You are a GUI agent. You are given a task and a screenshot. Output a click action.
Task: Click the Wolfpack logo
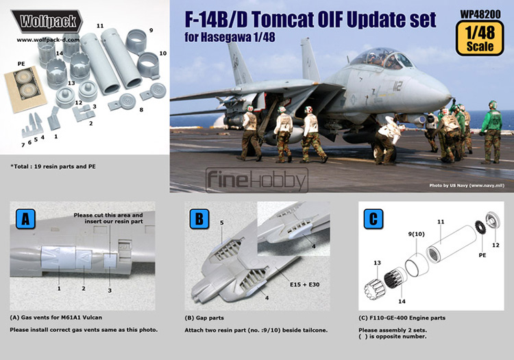click(x=47, y=21)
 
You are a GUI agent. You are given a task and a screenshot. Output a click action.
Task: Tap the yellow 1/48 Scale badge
click(x=480, y=38)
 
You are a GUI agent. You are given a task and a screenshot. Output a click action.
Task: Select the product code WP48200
click(x=480, y=14)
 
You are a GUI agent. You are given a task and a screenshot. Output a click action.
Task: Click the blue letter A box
click(x=25, y=219)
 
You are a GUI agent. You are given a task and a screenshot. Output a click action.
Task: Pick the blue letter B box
click(x=199, y=219)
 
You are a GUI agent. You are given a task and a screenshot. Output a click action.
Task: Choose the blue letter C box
click(x=374, y=219)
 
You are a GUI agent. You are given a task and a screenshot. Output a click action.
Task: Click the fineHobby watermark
click(x=257, y=180)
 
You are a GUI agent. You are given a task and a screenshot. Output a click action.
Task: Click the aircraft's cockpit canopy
click(x=380, y=58)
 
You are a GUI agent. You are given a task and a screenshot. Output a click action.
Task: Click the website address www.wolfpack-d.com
click(x=48, y=40)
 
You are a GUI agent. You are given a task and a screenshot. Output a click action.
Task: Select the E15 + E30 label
click(x=304, y=285)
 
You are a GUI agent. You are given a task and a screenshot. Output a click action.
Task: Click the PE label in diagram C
click(x=482, y=255)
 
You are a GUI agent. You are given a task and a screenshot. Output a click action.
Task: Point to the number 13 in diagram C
click(x=378, y=263)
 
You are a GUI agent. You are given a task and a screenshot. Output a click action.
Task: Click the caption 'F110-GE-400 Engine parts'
click(x=402, y=317)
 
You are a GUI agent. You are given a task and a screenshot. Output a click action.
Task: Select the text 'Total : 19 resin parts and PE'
click(x=53, y=167)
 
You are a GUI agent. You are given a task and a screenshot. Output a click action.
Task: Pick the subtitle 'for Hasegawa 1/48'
click(x=230, y=38)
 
